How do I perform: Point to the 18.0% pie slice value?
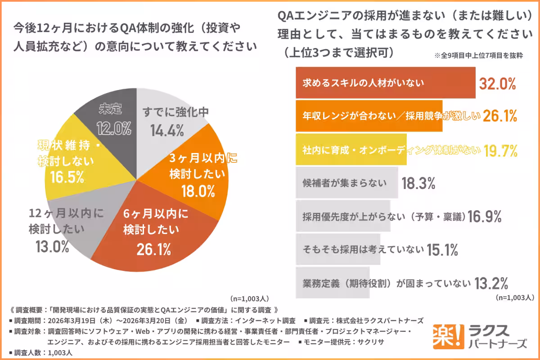(x=198, y=192)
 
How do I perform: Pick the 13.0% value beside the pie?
(x=52, y=246)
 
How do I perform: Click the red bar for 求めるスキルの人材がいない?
(x=385, y=83)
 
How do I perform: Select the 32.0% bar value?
(x=497, y=84)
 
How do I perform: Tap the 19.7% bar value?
(x=500, y=150)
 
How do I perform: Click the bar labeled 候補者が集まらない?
(x=346, y=183)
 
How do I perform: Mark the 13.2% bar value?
(x=491, y=283)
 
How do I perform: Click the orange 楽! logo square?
(x=445, y=335)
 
